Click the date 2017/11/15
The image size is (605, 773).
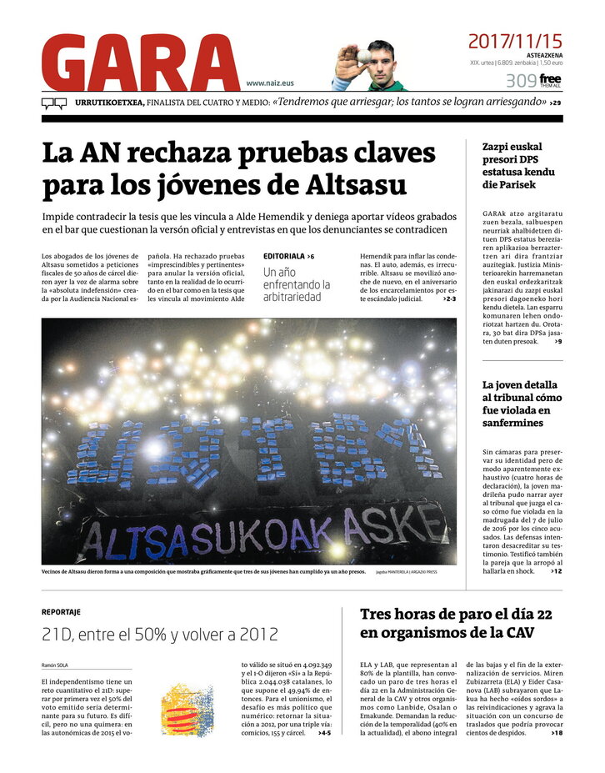(515, 40)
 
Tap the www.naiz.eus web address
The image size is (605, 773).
(269, 83)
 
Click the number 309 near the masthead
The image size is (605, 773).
(520, 81)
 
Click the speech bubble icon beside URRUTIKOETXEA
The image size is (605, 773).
(54, 103)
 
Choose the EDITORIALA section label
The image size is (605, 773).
(284, 255)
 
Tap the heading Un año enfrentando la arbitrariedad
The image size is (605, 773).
(296, 284)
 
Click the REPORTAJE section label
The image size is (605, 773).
(61, 611)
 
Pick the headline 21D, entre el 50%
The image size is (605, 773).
(160, 635)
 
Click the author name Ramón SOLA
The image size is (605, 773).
(55, 665)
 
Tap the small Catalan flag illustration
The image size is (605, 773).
(187, 707)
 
